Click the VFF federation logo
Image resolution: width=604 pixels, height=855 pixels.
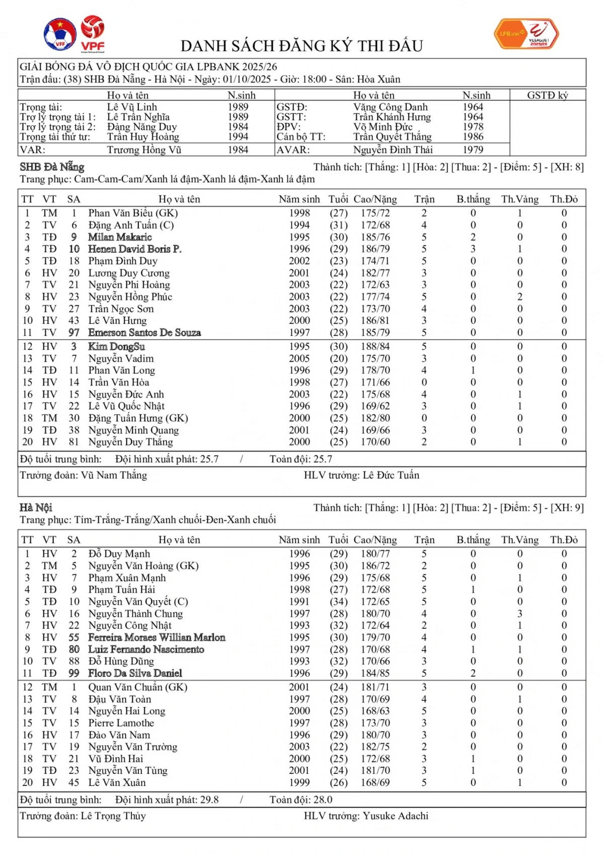(x=60, y=34)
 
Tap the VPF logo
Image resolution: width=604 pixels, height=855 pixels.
(x=93, y=33)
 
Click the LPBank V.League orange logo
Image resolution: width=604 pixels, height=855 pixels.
(x=526, y=34)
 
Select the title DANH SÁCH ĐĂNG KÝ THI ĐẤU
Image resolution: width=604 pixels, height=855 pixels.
(x=301, y=46)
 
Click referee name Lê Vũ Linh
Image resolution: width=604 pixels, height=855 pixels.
(x=132, y=107)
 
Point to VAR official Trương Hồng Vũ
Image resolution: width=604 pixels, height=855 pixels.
(x=144, y=150)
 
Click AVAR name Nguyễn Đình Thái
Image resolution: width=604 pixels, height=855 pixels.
(x=393, y=150)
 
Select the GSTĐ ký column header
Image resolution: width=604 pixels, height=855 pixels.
(x=547, y=95)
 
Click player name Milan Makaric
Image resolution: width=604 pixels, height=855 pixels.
(x=120, y=237)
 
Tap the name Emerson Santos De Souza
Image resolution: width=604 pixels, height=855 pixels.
(x=144, y=333)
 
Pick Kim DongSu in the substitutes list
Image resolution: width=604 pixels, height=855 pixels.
(x=116, y=347)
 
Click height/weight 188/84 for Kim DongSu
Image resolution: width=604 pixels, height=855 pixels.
(x=375, y=347)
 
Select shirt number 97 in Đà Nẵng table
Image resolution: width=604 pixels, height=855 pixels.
(x=74, y=333)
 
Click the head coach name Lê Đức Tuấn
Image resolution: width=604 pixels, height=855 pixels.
(x=391, y=475)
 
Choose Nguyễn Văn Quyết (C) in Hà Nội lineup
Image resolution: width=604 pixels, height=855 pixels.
(x=138, y=602)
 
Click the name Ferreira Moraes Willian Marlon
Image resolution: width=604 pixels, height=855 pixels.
(x=157, y=637)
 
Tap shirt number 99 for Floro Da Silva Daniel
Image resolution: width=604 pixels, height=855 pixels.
(x=74, y=673)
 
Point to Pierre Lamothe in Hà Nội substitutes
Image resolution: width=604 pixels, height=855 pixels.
(x=121, y=723)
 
